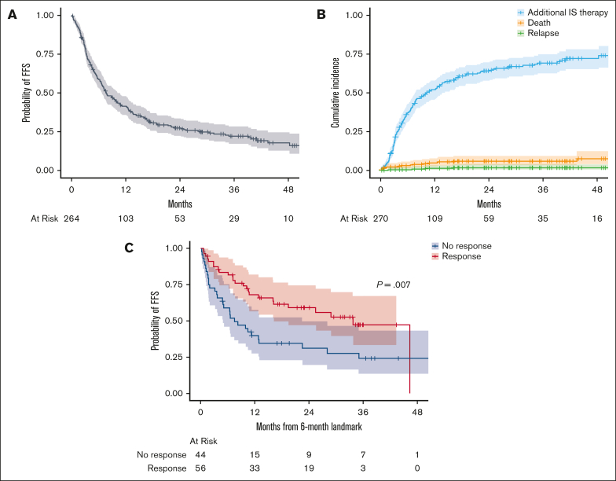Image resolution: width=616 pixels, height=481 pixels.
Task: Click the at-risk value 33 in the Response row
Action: pos(255,468)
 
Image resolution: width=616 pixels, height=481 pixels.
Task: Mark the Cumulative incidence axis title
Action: pos(335,92)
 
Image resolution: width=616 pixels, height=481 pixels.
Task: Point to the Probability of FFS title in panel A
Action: pos(25,92)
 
